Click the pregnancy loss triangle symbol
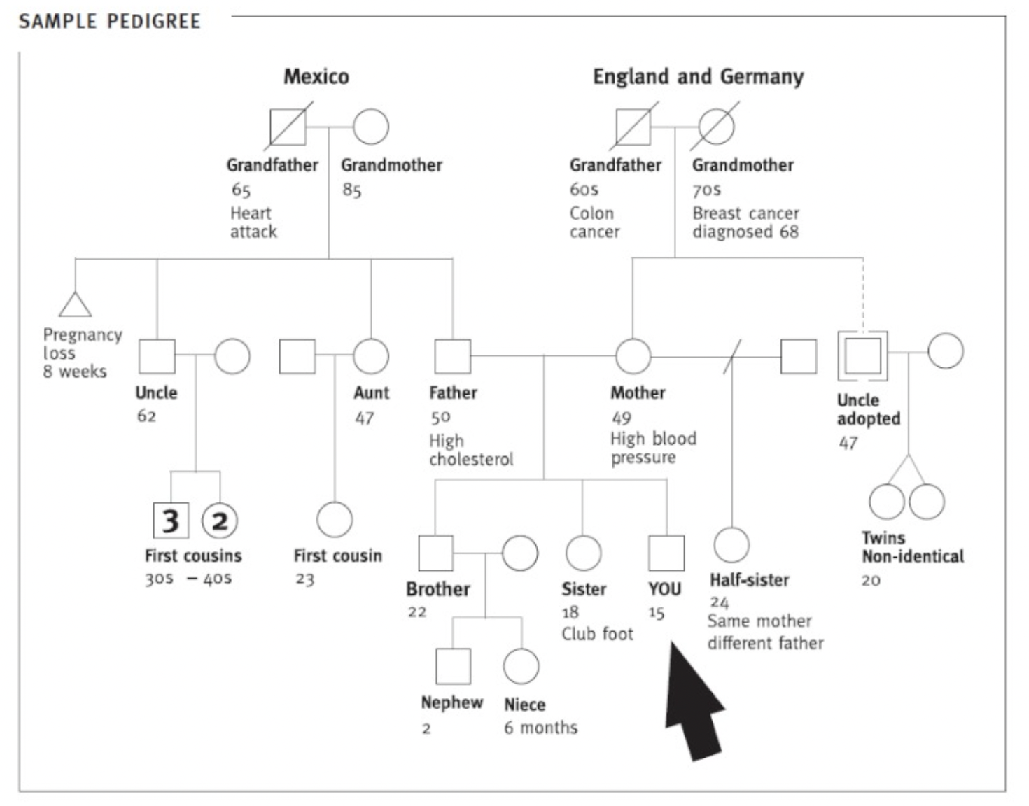tap(75, 305)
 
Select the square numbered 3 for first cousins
tap(171, 521)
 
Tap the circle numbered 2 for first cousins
tap(220, 521)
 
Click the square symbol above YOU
tap(666, 553)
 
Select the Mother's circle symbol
tap(633, 357)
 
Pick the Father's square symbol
tap(453, 357)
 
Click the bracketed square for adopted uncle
tap(862, 356)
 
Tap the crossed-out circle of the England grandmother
tap(716, 127)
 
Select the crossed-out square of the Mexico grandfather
tap(288, 127)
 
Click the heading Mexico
tap(316, 76)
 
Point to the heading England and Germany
tap(698, 76)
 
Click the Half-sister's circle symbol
tap(731, 544)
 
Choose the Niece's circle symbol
tap(521, 666)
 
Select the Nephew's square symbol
tap(453, 666)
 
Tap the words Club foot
tap(597, 634)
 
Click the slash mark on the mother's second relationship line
tap(731, 357)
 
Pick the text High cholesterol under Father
tap(470, 450)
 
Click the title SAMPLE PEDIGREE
tap(110, 22)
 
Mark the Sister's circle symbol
tap(583, 553)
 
